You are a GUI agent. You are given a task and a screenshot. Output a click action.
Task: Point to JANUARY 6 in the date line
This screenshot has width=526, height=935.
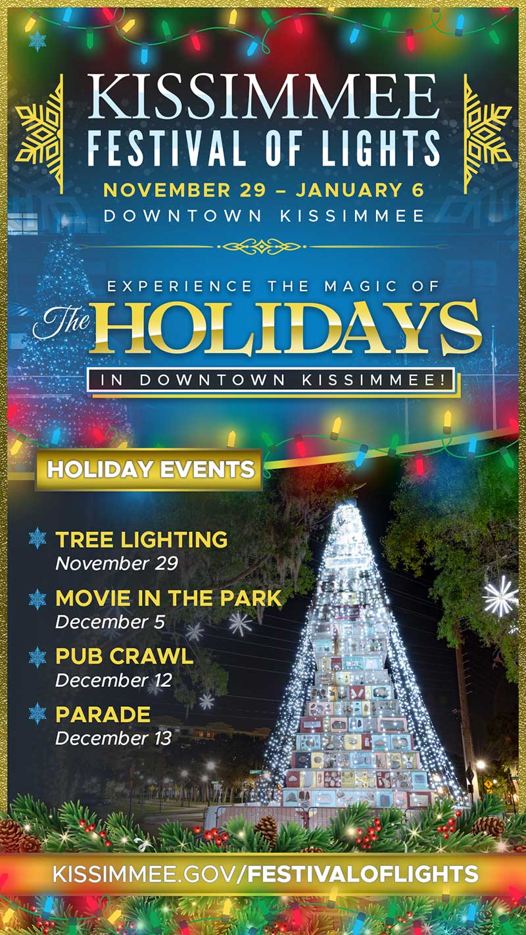click(360, 190)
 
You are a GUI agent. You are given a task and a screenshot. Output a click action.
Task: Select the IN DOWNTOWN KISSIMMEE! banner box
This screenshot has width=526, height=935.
click(271, 380)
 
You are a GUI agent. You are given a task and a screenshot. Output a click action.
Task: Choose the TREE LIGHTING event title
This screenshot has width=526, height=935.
click(141, 539)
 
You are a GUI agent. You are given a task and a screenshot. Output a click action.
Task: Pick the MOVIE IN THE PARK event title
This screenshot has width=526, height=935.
click(169, 598)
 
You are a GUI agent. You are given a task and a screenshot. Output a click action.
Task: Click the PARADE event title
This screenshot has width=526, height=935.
click(103, 714)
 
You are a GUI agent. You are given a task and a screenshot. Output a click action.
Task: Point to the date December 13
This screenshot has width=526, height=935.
click(113, 738)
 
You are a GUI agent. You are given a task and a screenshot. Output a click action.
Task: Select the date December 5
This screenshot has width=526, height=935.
click(110, 622)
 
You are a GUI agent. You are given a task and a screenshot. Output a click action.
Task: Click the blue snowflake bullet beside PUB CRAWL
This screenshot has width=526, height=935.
click(37, 657)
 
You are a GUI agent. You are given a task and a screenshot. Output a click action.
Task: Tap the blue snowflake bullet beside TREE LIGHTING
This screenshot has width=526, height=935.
click(37, 539)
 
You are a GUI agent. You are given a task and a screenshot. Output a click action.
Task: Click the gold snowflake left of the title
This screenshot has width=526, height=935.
click(39, 134)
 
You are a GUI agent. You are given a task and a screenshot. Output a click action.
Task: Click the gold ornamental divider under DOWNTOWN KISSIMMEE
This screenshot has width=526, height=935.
click(263, 247)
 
